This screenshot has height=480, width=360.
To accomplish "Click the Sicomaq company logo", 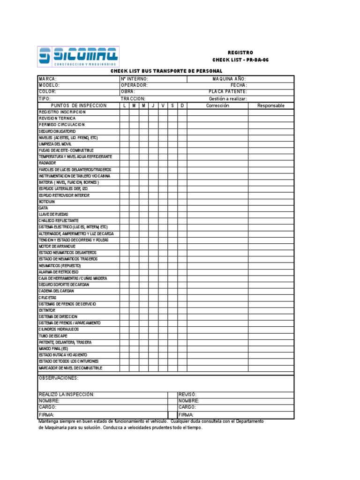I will point(78,57).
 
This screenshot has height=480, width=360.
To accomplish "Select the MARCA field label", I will point(47,79).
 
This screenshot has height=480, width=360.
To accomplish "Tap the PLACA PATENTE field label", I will point(228,92).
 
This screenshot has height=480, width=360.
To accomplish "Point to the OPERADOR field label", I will point(134,86).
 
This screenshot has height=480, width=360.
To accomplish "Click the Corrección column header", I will point(217,106).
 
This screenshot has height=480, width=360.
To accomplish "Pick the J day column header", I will point(153,106).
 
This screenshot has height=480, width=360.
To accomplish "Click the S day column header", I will point(172,106).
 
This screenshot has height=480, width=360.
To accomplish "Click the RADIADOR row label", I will point(47,163).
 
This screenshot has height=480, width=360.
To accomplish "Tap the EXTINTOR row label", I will point(47,310).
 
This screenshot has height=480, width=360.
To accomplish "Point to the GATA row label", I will point(43,208).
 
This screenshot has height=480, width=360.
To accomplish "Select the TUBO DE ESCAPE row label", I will point(52,336).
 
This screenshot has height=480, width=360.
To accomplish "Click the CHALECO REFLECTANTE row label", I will point(59,220).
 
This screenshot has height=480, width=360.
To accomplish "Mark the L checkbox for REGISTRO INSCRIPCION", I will point(124,112).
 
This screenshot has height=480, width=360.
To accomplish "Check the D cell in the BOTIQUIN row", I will point(182,202).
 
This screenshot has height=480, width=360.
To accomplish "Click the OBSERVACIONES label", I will point(59,378).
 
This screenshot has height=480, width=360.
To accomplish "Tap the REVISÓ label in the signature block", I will point(187,395).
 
